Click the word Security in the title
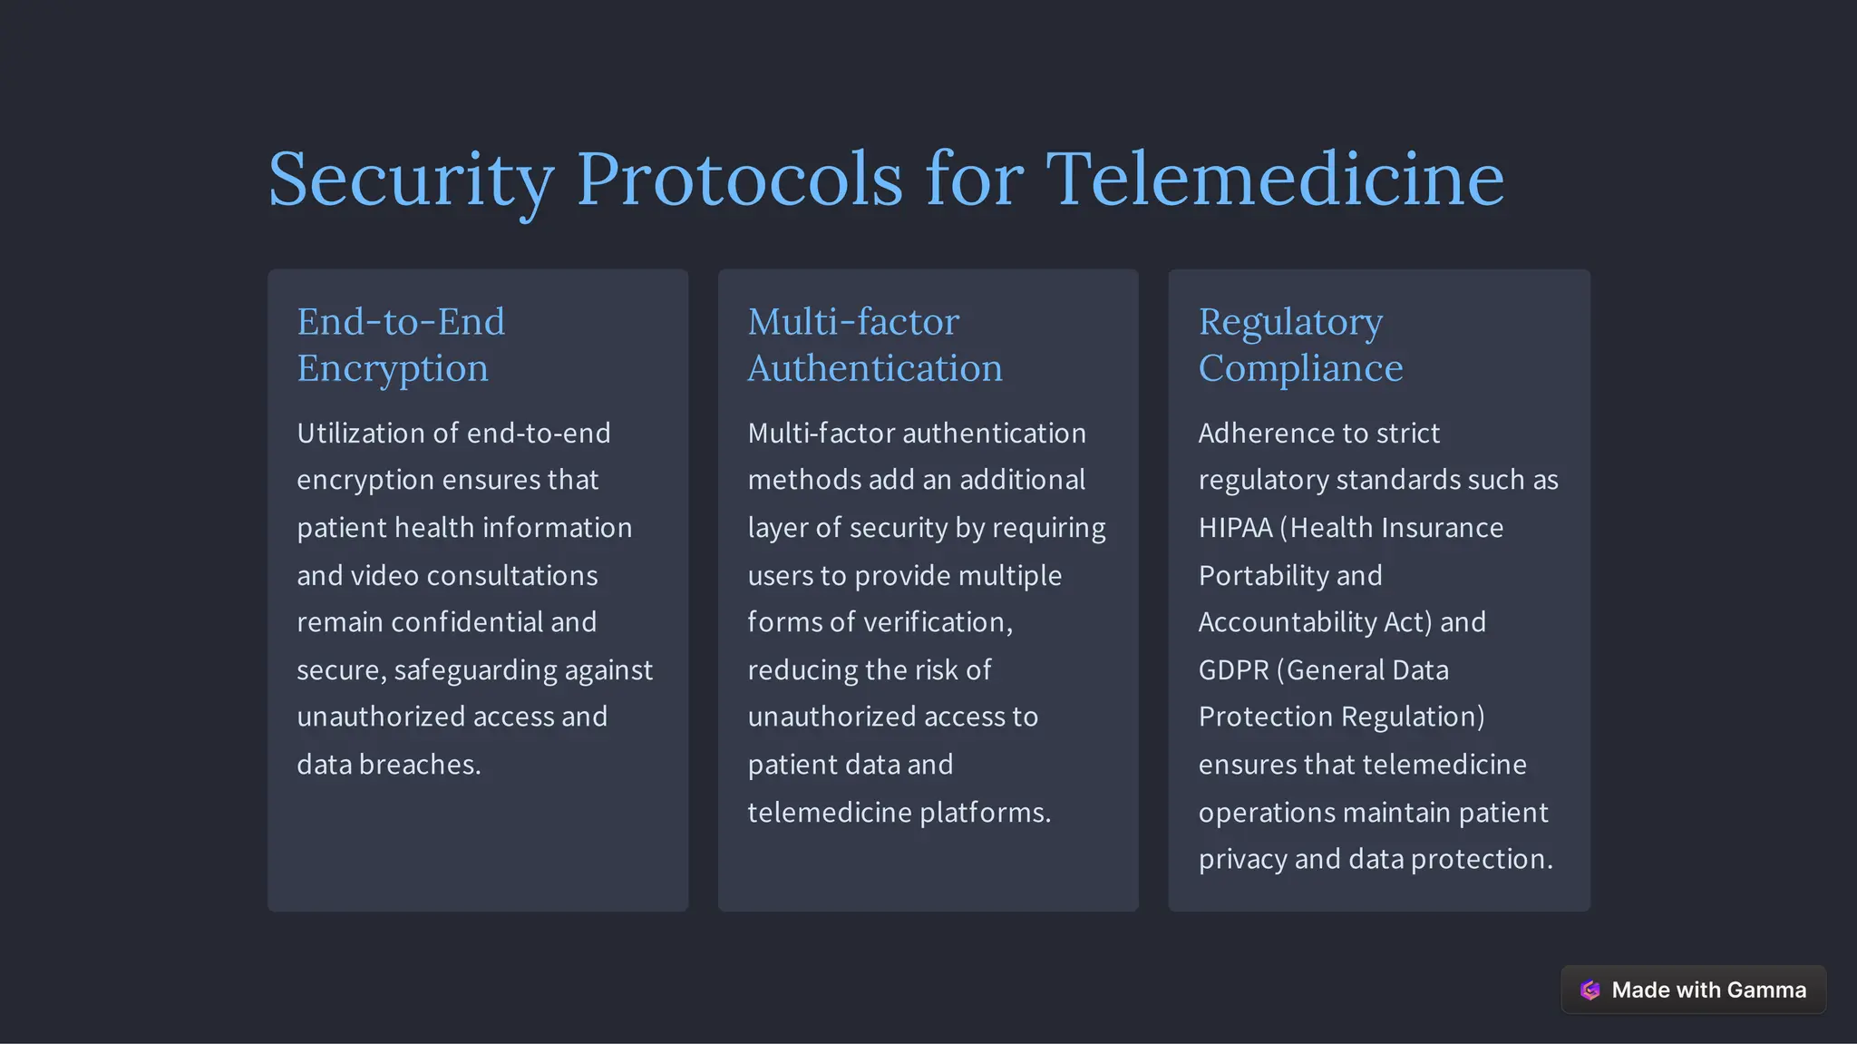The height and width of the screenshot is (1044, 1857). click(411, 180)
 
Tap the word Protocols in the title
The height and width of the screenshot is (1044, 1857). click(740, 180)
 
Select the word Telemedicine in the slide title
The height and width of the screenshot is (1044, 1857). click(1275, 180)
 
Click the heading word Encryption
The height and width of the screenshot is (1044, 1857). click(393, 369)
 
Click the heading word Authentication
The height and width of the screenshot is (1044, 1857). click(875, 368)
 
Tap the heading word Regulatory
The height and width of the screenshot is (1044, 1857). click(1290, 323)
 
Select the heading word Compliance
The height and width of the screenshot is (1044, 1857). click(1300, 368)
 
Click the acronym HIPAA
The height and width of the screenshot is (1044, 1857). click(1235, 528)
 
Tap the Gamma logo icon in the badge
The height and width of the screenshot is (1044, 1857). click(1590, 990)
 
